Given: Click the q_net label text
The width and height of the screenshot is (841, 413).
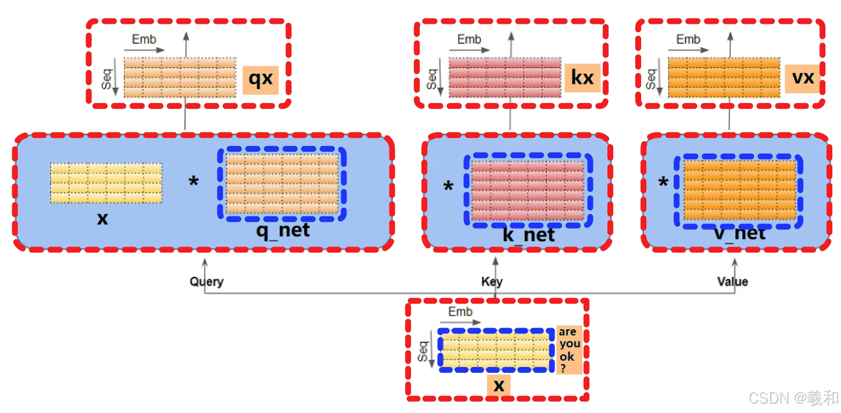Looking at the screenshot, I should (283, 230).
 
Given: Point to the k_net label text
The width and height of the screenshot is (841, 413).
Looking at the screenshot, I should (528, 234).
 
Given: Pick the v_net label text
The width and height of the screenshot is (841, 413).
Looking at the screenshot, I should (739, 233).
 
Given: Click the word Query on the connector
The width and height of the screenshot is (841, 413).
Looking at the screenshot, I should (206, 282).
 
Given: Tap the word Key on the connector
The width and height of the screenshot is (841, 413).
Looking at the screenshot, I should (492, 282).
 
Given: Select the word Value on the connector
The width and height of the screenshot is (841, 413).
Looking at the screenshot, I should (732, 282).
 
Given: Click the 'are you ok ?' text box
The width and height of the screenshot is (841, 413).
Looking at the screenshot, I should (569, 349).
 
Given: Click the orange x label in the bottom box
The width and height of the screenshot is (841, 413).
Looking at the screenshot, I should (499, 384).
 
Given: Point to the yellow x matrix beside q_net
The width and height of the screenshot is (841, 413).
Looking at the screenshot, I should (106, 183).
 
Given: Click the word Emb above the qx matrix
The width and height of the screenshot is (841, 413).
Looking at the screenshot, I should (144, 40).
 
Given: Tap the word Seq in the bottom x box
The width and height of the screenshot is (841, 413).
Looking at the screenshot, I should (423, 351).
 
